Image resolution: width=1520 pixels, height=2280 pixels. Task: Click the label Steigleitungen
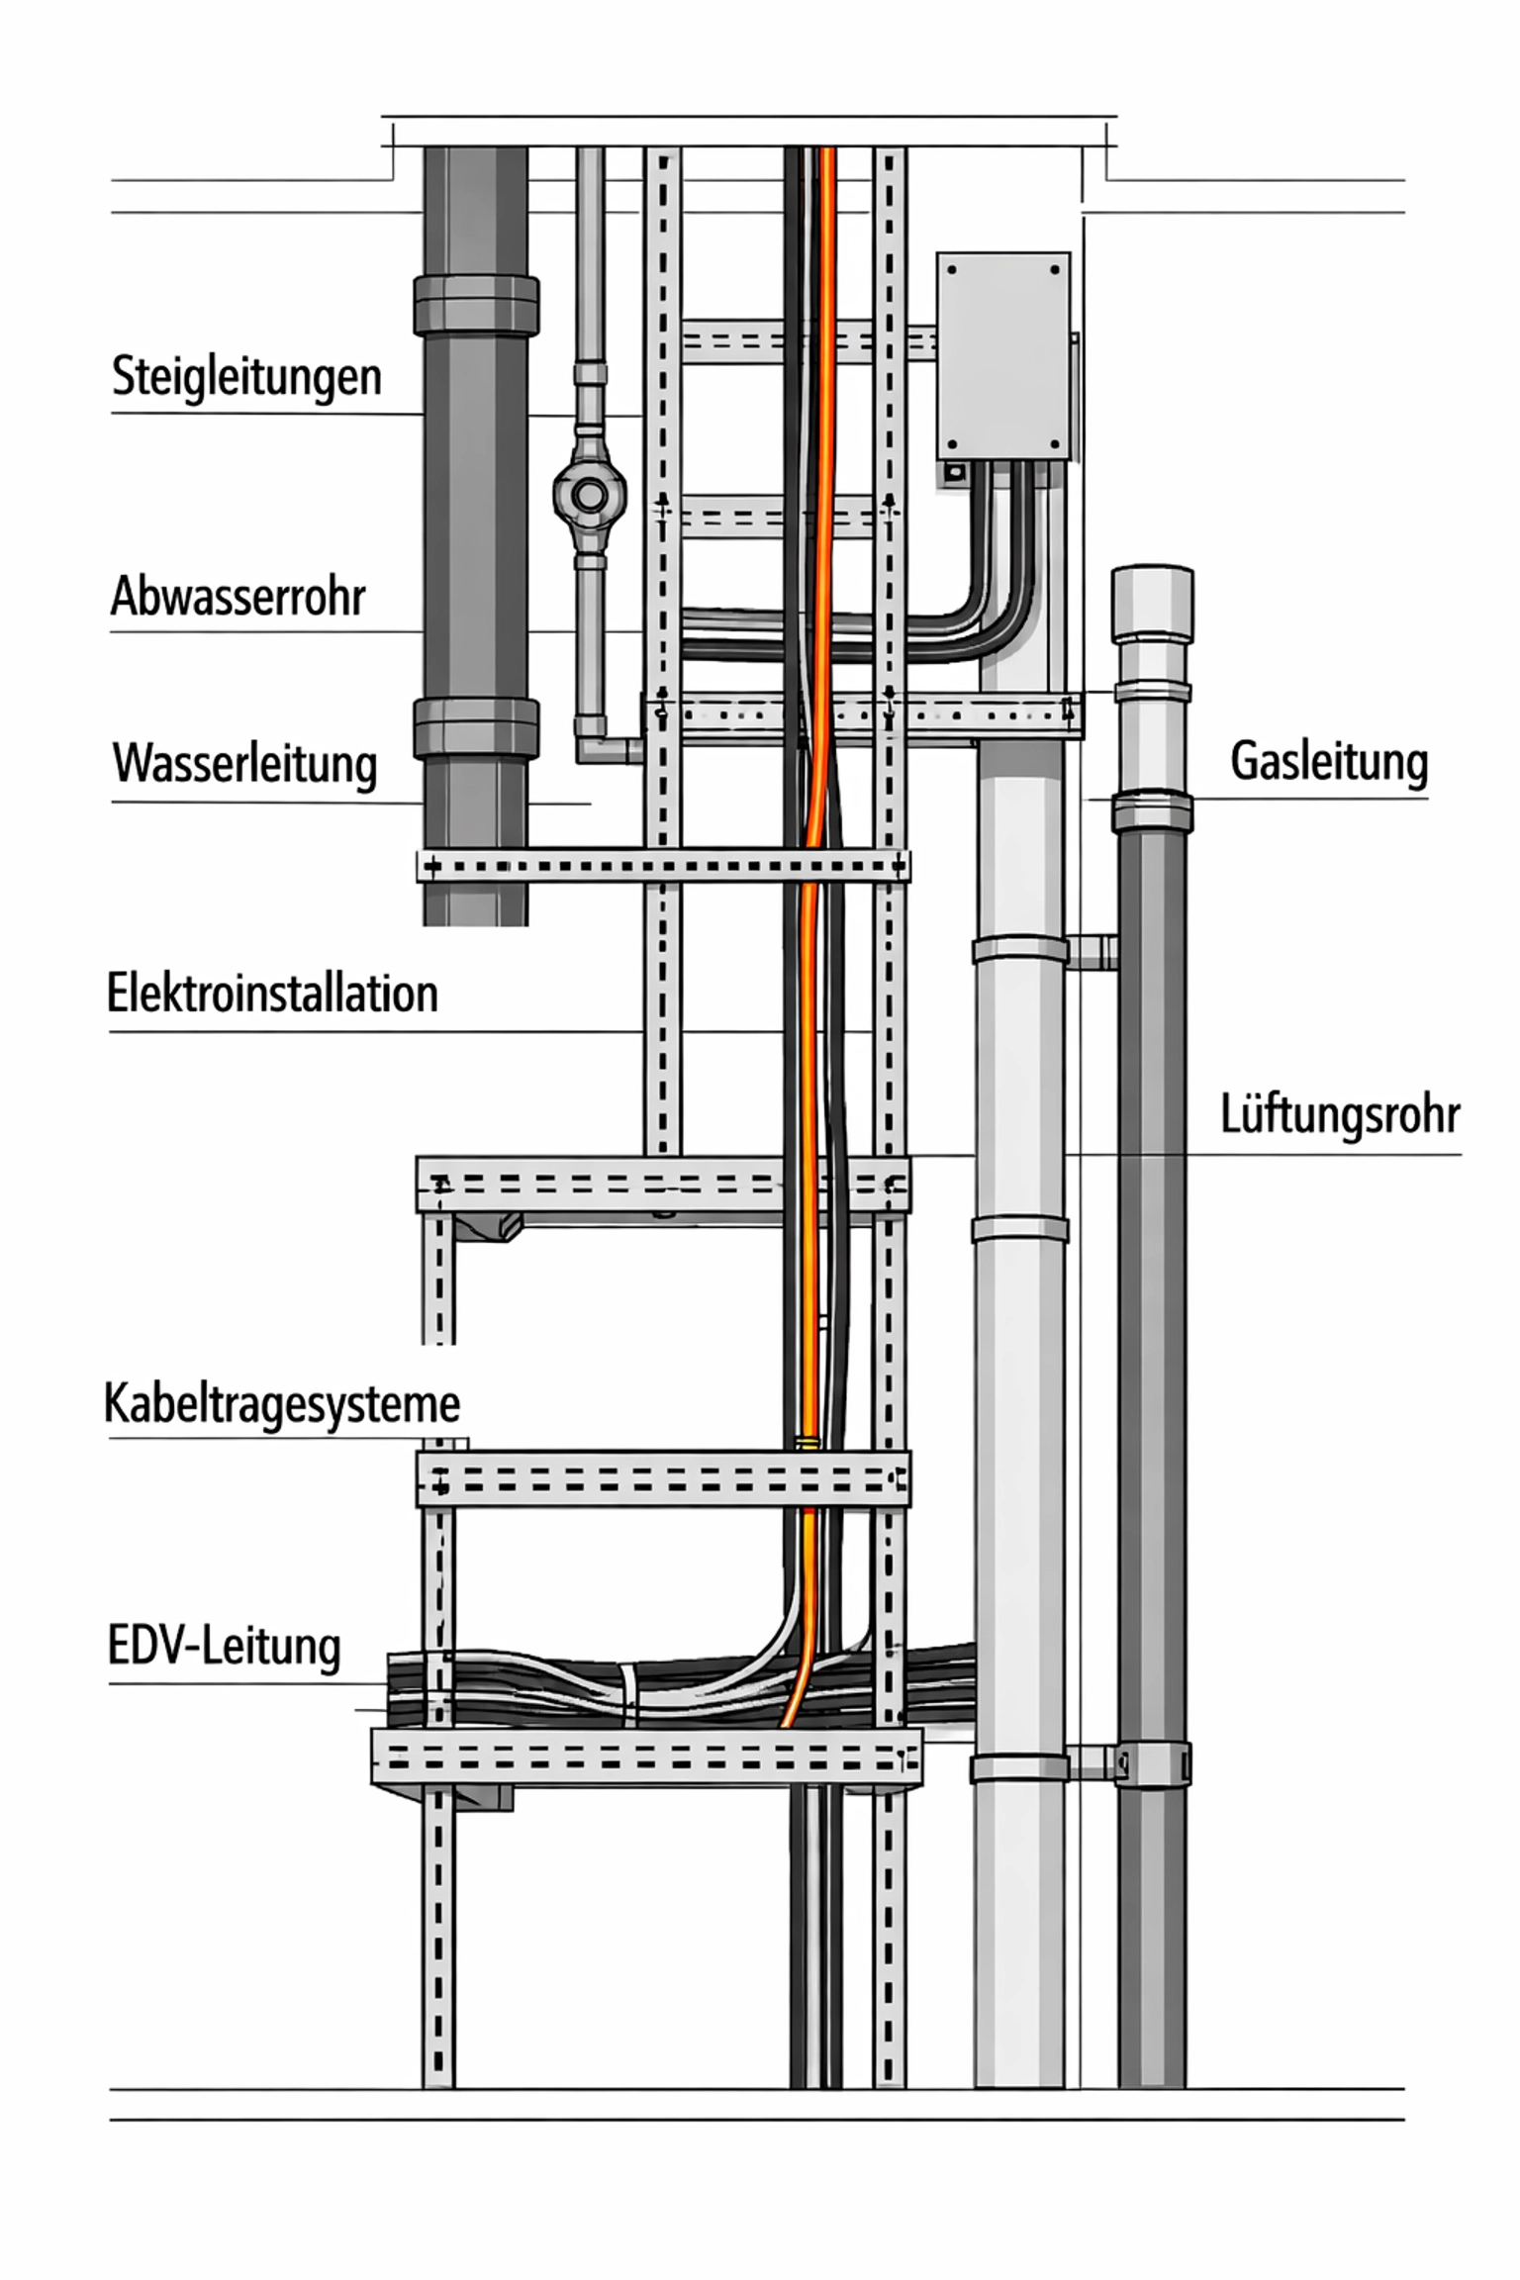pyautogui.click(x=246, y=377)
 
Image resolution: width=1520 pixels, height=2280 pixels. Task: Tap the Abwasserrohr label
pyautogui.click(x=237, y=597)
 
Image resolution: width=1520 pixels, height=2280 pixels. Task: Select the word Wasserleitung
pyautogui.click(x=244, y=764)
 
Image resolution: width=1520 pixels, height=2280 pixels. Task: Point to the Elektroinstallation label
pyautogui.click(x=272, y=994)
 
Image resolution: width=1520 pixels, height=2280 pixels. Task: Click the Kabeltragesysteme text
pyautogui.click(x=282, y=1403)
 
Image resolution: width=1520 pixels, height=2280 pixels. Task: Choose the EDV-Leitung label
pyautogui.click(x=224, y=1647)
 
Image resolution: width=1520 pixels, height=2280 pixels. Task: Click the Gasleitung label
pyautogui.click(x=1328, y=762)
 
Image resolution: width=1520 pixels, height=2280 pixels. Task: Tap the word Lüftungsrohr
pyautogui.click(x=1339, y=1115)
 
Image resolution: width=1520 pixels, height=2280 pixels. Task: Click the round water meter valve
pyautogui.click(x=590, y=495)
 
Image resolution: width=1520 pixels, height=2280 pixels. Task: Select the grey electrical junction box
pyautogui.click(x=1002, y=354)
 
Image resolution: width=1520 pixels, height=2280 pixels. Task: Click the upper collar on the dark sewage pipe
pyautogui.click(x=476, y=305)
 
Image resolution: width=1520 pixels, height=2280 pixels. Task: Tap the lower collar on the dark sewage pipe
pyautogui.click(x=476, y=727)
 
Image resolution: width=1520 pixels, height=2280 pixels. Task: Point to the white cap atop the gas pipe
pyautogui.click(x=1152, y=602)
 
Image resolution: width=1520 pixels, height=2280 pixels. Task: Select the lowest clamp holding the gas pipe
pyautogui.click(x=1152, y=1764)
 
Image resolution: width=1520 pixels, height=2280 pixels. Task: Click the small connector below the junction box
pyautogui.click(x=954, y=474)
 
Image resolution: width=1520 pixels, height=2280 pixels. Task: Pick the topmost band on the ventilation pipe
pyautogui.click(x=1020, y=950)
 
